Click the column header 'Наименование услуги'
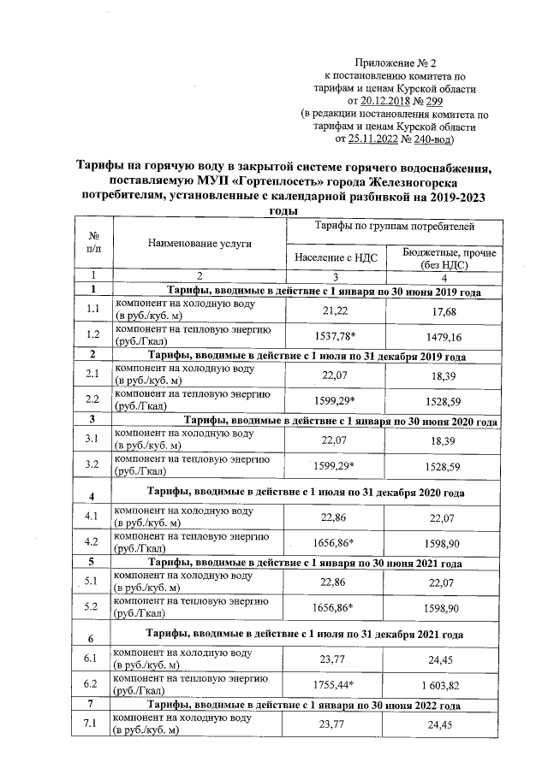[x=199, y=243]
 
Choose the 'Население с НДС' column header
[x=336, y=257]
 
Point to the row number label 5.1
[x=94, y=582]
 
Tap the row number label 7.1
[x=94, y=724]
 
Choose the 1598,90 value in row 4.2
[x=444, y=542]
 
